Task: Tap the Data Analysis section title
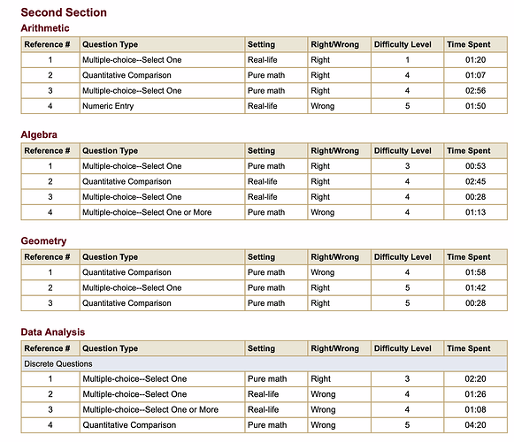pos(53,332)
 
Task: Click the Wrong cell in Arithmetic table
pos(323,106)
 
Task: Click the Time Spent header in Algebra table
pos(469,151)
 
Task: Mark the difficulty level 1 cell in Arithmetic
pos(408,59)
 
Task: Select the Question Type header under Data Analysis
pos(111,348)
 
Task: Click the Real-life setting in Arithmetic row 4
pos(263,106)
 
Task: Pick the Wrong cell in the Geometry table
pos(323,272)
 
